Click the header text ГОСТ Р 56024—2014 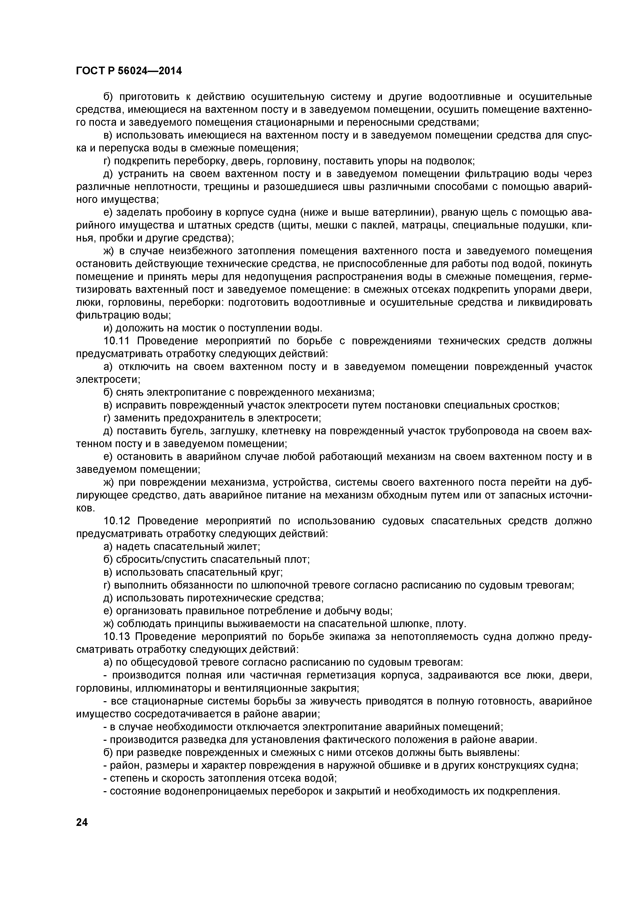129,71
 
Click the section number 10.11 117,341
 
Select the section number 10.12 117,521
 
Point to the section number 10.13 117,636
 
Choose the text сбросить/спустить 162,560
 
